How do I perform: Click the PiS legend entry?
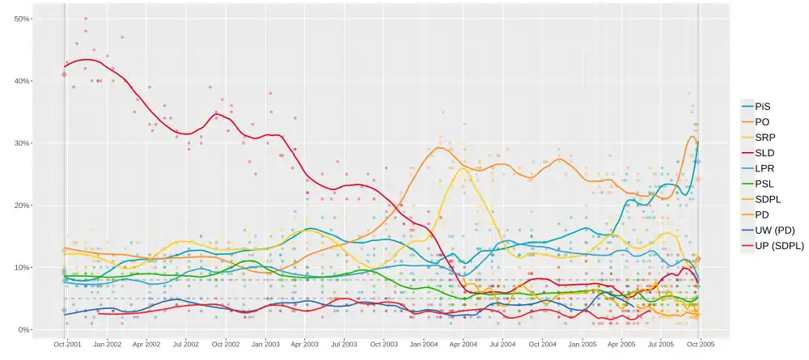762,107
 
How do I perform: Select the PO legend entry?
762,122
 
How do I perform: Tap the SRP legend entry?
765,138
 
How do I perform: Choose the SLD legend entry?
764,153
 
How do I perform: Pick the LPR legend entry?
765,168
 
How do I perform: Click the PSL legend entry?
764,184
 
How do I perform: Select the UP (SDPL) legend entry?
779,246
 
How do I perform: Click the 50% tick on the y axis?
22,19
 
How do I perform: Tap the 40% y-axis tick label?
22,81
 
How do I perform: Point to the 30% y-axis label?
22,143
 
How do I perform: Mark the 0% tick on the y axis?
24,330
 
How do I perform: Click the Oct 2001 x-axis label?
67,344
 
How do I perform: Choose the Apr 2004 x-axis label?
464,344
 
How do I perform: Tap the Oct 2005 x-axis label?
700,344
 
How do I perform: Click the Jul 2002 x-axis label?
186,344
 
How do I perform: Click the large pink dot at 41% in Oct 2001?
64,74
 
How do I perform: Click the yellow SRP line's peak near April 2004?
462,168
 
